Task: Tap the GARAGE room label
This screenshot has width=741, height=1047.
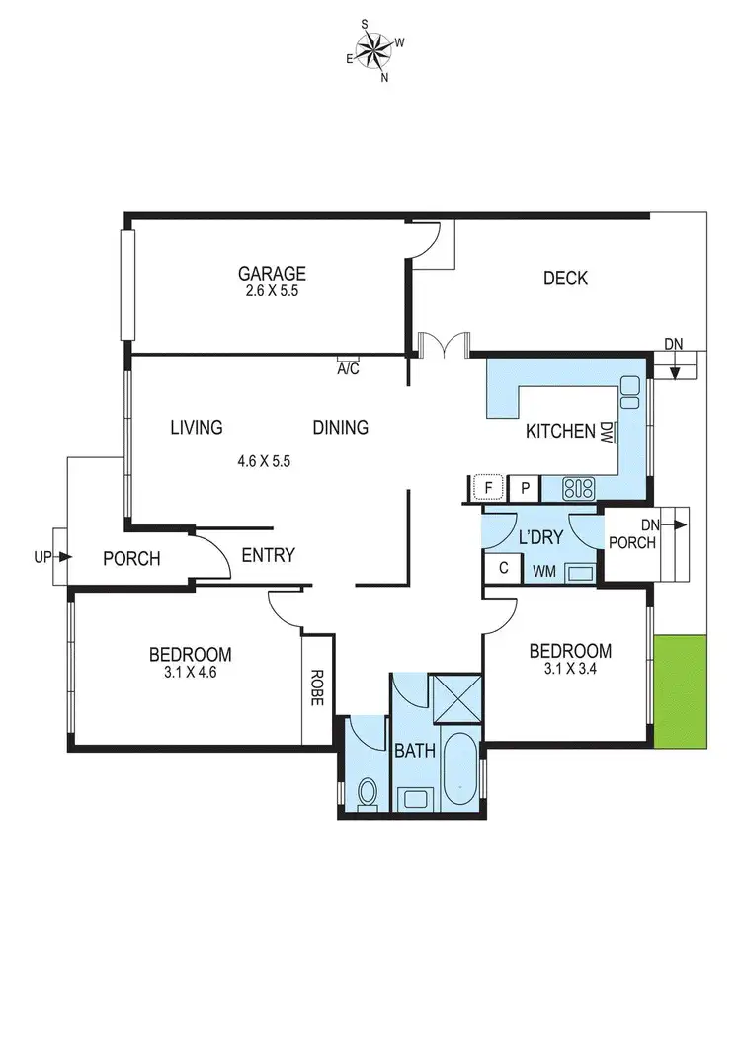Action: [272, 274]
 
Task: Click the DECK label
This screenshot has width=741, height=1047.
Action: [565, 279]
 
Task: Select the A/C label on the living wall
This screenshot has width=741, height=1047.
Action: [348, 368]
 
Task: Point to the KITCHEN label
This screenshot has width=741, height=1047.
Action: [560, 432]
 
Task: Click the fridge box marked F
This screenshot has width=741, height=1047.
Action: [486, 487]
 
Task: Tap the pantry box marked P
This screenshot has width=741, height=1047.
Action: [526, 487]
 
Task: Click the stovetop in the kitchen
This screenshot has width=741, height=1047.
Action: [577, 487]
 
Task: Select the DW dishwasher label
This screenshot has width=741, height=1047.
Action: [606, 432]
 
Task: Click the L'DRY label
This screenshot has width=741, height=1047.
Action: [539, 538]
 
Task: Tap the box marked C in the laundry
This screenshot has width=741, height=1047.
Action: [503, 568]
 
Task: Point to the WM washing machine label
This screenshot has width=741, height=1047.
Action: [543, 571]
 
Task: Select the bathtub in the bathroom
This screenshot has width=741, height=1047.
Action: [459, 770]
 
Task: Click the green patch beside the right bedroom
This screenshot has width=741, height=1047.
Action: [680, 690]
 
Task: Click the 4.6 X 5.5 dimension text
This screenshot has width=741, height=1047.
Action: [264, 460]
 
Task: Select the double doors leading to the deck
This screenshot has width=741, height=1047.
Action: [443, 345]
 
